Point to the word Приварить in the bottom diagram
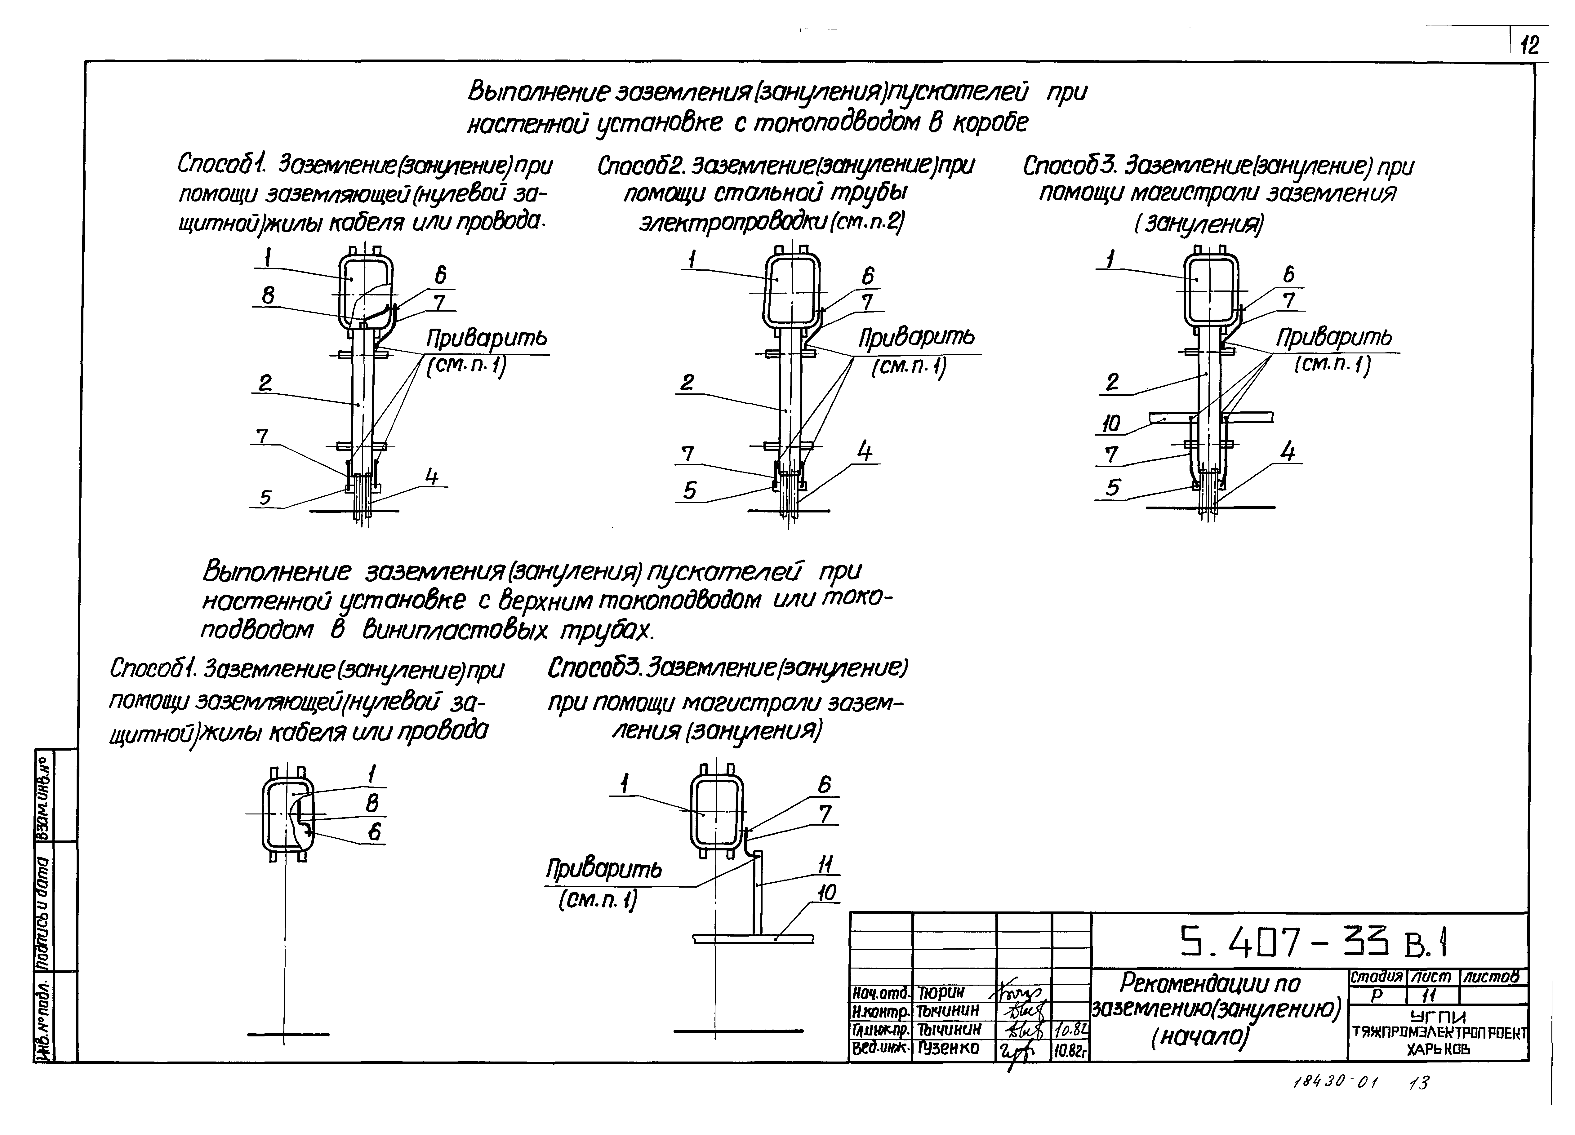point(603,869)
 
